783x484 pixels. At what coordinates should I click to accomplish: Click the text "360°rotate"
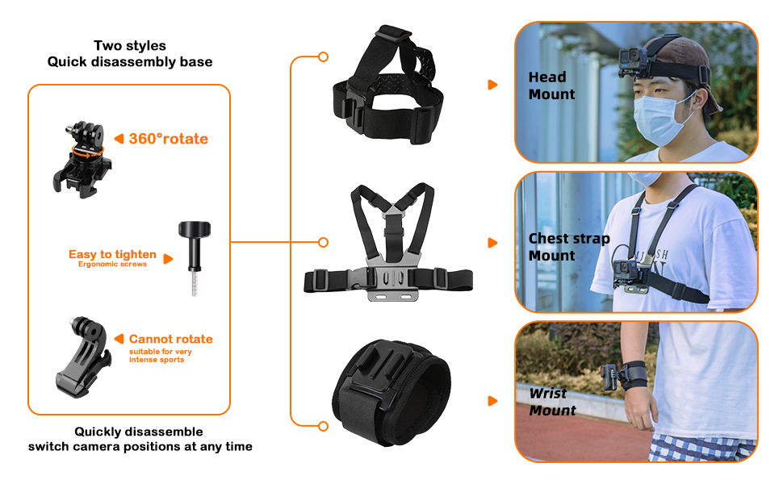(x=168, y=139)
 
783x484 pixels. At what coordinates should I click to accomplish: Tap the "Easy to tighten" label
(x=112, y=254)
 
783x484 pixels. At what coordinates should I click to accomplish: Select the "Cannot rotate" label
(x=170, y=339)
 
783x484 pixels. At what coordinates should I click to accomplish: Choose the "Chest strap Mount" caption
(x=569, y=247)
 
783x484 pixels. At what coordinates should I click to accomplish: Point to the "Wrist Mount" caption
(x=552, y=402)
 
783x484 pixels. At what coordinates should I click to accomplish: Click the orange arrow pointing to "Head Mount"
(x=492, y=85)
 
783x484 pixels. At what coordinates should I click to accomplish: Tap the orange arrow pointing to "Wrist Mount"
(x=492, y=401)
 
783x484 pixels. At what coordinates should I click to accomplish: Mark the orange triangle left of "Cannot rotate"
(x=119, y=339)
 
